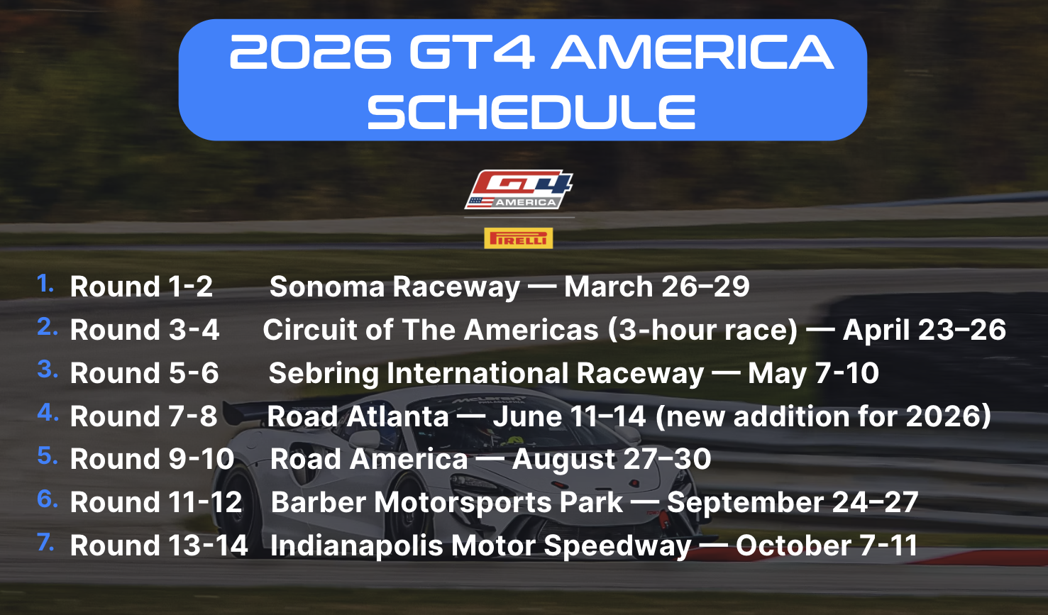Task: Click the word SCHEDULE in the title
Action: tap(531, 111)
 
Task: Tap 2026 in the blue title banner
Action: tap(310, 52)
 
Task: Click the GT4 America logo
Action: tap(519, 189)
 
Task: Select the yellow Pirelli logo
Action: tap(519, 238)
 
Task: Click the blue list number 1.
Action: tap(46, 284)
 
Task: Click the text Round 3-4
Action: tap(145, 330)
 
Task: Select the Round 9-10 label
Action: tap(152, 459)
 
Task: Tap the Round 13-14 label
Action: tap(159, 545)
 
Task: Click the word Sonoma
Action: tap(327, 287)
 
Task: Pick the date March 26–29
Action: tap(657, 287)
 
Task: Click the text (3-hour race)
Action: tap(703, 330)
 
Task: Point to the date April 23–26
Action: tap(925, 330)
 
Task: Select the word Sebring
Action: tap(324, 374)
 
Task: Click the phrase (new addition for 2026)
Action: tap(823, 416)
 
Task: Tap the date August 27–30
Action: tap(612, 459)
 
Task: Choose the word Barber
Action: tap(319, 502)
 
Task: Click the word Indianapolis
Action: tap(357, 545)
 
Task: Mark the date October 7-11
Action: tap(826, 545)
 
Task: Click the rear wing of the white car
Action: tap(244, 409)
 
